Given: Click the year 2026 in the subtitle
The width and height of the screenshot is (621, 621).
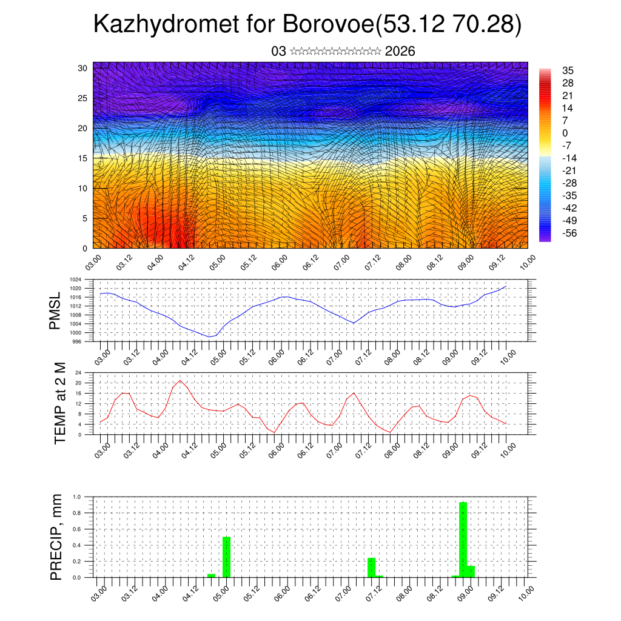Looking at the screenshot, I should point(400,51).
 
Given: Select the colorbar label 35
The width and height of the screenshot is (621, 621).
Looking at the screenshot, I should point(568,70).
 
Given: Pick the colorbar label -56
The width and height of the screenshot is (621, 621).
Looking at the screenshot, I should point(569,233).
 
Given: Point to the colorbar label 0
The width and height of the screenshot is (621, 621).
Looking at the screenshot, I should point(565,133).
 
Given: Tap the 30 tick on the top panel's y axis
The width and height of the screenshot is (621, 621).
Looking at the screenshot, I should point(84,67).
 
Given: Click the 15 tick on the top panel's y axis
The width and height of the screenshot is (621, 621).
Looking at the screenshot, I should point(84,158).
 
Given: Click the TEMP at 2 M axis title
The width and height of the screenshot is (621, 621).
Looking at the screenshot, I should point(59,403).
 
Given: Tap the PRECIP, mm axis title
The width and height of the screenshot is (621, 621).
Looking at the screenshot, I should point(56,537).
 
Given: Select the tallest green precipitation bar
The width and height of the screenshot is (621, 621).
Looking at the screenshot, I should point(463,539).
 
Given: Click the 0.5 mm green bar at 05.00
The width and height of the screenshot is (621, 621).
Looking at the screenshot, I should point(226,557).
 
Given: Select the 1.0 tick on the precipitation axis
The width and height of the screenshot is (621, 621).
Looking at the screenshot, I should point(77,497).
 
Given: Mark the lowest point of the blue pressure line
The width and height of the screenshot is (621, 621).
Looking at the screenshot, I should point(209,337).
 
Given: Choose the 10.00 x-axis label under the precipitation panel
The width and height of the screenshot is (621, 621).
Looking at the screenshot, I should point(526,589).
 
